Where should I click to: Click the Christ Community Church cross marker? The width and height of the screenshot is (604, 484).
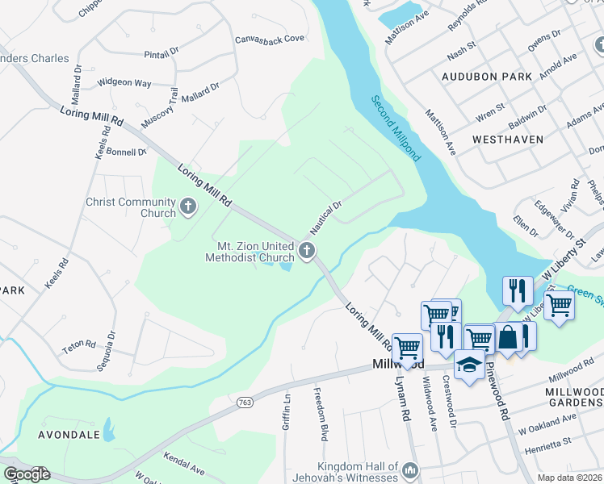pyautogui.click(x=188, y=207)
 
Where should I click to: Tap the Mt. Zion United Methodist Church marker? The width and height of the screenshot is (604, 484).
pyautogui.click(x=306, y=251)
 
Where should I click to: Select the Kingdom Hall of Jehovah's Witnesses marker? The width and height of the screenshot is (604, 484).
pyautogui.click(x=410, y=469)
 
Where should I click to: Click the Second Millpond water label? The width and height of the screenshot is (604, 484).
pyautogui.click(x=396, y=128)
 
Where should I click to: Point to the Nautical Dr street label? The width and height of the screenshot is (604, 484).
pyautogui.click(x=327, y=215)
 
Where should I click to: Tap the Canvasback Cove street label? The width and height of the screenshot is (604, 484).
pyautogui.click(x=269, y=38)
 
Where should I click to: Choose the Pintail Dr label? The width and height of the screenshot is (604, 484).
pyautogui.click(x=161, y=52)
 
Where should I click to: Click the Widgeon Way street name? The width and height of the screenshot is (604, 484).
pyautogui.click(x=124, y=82)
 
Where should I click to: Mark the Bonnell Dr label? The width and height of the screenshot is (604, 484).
pyautogui.click(x=126, y=151)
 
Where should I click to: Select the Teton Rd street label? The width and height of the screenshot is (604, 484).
pyautogui.click(x=81, y=350)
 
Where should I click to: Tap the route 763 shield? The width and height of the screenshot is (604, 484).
pyautogui.click(x=245, y=401)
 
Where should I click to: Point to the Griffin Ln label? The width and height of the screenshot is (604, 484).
pyautogui.click(x=286, y=411)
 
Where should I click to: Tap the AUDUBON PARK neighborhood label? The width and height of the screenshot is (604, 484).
pyautogui.click(x=487, y=77)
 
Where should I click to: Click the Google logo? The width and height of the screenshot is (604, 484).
pyautogui.click(x=27, y=474)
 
